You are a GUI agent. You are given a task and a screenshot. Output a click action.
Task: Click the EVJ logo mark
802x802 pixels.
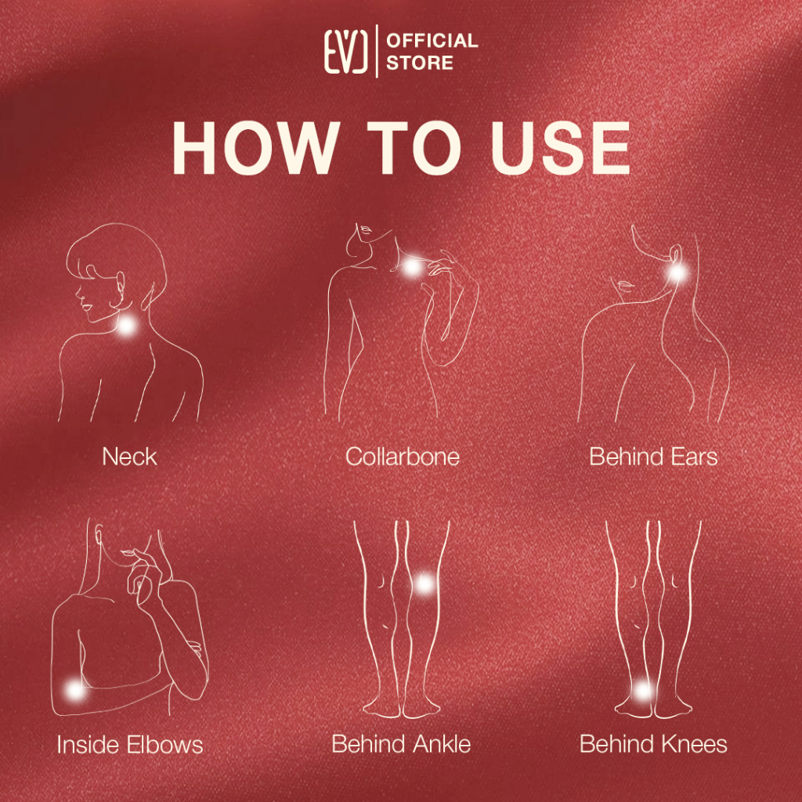click(x=345, y=51)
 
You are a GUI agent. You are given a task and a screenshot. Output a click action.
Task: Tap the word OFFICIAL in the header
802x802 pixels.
click(x=432, y=41)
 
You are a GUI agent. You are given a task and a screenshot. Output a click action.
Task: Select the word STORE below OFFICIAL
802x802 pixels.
click(x=420, y=63)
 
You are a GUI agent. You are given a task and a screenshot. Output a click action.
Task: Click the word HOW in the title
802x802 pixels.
click(x=256, y=149)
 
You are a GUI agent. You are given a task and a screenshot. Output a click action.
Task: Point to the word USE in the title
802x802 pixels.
click(x=560, y=149)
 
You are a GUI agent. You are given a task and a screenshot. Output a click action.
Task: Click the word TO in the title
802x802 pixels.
click(x=414, y=149)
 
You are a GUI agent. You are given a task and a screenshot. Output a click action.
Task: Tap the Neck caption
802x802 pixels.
click(x=129, y=457)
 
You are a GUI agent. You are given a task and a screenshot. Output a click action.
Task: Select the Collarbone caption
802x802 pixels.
click(x=402, y=457)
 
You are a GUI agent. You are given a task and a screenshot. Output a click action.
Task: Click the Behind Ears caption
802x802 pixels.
click(x=653, y=457)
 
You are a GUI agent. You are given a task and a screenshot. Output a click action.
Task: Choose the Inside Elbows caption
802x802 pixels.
click(x=130, y=744)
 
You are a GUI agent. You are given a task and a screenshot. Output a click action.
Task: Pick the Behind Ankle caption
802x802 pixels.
click(x=401, y=744)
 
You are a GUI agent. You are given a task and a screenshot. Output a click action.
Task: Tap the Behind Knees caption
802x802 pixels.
click(x=653, y=744)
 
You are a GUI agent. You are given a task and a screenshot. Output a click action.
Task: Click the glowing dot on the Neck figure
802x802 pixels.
click(x=126, y=326)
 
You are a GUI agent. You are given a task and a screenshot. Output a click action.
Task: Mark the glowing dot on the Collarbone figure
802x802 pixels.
click(x=412, y=266)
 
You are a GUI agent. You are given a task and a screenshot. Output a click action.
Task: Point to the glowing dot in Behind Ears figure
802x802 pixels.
click(x=677, y=273)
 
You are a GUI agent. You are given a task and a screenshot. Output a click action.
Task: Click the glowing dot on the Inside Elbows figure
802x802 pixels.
click(x=74, y=691)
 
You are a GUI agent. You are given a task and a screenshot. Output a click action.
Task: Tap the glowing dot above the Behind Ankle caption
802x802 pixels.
click(x=424, y=583)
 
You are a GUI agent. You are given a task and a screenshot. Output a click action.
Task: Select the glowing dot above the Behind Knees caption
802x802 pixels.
click(x=642, y=691)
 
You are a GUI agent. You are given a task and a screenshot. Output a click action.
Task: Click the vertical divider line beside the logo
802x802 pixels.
click(x=377, y=51)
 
